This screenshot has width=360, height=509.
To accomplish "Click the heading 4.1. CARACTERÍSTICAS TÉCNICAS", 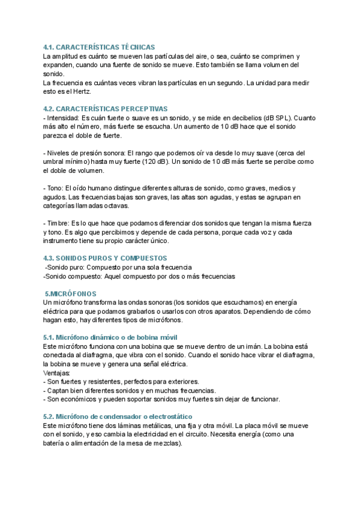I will (99, 47).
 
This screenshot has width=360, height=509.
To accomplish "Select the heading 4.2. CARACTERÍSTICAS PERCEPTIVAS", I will (105, 109).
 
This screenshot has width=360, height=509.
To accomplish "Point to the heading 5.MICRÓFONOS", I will (71, 294).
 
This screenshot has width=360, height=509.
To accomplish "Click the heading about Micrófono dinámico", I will (110, 337).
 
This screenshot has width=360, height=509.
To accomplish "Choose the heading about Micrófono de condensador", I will (118, 417).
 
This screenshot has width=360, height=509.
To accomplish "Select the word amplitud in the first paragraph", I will (67, 56).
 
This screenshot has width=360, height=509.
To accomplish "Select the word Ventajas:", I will (57, 373).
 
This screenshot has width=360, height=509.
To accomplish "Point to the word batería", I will (56, 444).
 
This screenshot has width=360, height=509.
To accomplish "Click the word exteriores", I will (182, 381).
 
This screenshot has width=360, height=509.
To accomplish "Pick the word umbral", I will (55, 161).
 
